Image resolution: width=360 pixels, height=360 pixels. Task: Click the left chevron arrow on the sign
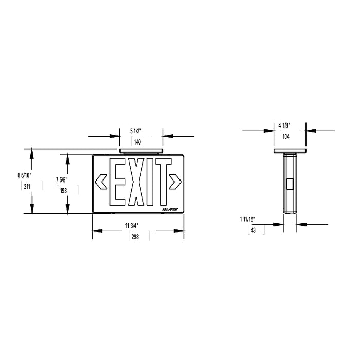pos(101,181)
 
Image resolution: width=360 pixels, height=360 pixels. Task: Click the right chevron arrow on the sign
pos(176,181)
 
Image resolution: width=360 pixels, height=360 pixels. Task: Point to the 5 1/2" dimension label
pos(137,131)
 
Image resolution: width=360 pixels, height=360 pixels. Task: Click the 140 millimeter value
pos(137,141)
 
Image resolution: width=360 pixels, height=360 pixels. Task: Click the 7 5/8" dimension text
pos(61,179)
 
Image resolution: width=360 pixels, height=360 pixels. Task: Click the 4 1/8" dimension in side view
pos(285,125)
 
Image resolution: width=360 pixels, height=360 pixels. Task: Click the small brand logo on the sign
pos(170,210)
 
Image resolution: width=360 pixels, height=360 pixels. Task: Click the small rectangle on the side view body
pos(290,184)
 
